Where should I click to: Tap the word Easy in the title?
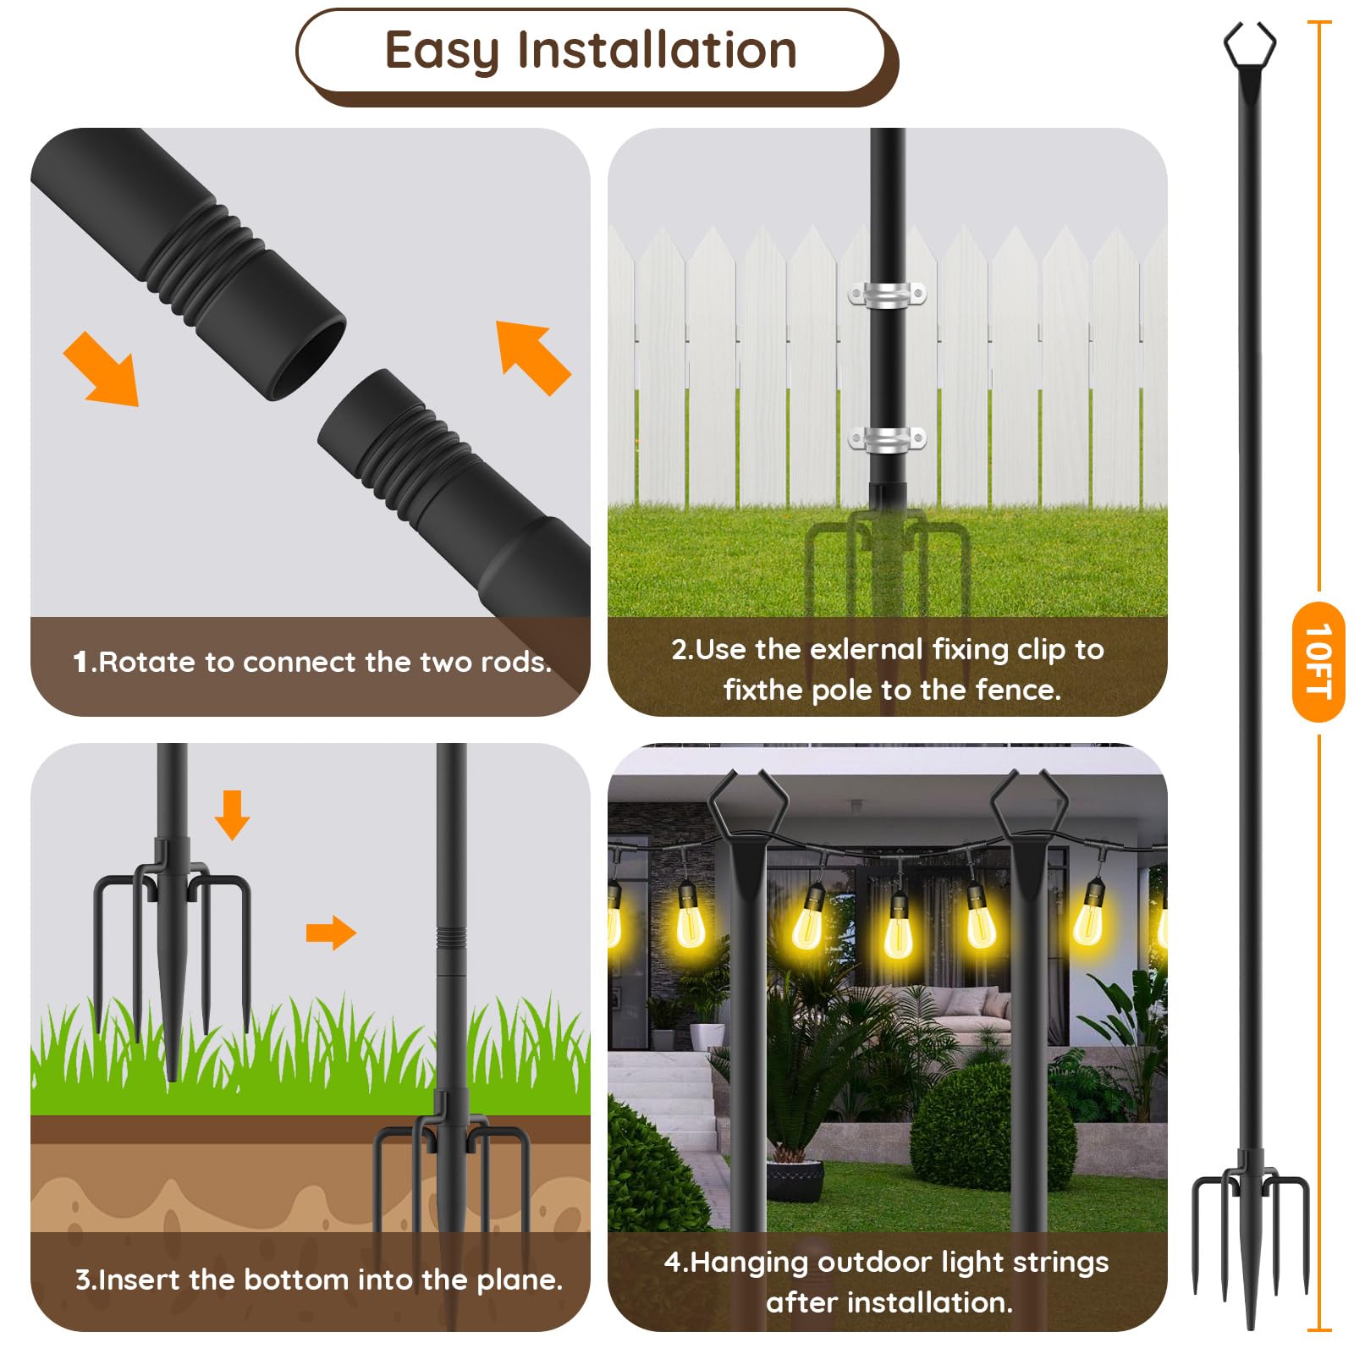[442, 52]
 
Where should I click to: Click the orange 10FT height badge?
[1318, 662]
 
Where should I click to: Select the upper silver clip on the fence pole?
[888, 295]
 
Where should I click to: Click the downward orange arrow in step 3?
[232, 815]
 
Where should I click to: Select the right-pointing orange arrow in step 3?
[331, 933]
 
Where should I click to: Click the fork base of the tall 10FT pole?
[1250, 1236]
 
